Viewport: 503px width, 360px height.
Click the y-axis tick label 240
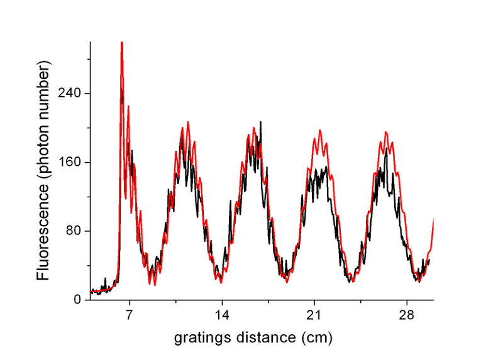coord(72,94)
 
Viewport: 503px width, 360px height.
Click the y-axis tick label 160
coord(72,162)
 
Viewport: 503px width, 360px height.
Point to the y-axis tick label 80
coord(76,231)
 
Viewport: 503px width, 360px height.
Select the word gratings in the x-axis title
coord(197,337)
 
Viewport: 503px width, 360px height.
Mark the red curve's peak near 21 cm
coord(319,131)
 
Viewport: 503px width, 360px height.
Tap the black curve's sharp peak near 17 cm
coord(260,122)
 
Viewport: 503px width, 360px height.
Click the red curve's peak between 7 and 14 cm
coord(187,122)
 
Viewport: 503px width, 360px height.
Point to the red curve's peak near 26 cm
coord(386,132)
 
